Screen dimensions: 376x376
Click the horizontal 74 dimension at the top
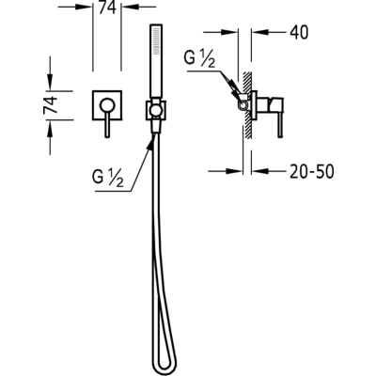click(107, 8)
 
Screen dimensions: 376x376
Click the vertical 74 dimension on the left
click(51, 105)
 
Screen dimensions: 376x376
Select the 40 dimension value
click(299, 32)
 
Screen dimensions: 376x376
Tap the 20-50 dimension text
click(312, 171)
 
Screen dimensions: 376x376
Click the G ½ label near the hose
click(107, 179)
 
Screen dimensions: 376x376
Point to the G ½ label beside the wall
click(199, 59)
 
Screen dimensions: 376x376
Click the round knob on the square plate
click(107, 105)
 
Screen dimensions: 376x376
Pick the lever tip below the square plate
click(107, 134)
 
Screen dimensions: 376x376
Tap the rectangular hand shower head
click(156, 60)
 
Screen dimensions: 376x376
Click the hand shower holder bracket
click(156, 110)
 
